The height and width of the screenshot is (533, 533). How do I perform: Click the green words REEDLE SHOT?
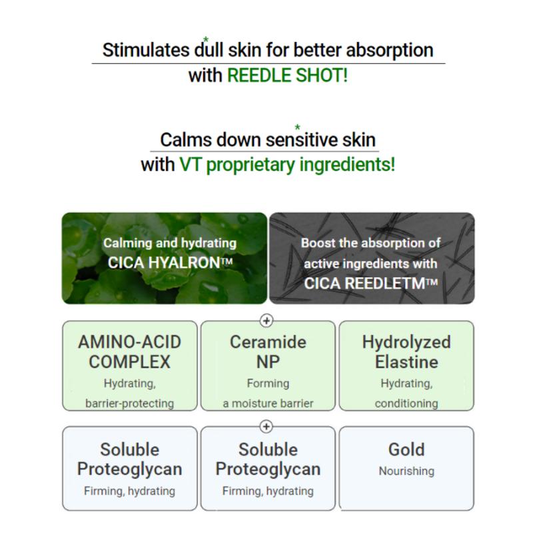point(287,75)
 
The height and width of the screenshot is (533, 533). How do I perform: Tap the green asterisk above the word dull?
point(206,39)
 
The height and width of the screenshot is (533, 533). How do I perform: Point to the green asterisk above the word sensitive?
point(297,127)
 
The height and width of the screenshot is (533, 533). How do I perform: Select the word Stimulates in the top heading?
point(146,50)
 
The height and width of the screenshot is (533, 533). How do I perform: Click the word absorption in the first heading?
point(390,51)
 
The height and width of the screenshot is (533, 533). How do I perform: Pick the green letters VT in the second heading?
point(191,165)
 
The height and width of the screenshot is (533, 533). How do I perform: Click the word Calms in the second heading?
point(187,140)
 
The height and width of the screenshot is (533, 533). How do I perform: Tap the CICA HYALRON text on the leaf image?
point(170,263)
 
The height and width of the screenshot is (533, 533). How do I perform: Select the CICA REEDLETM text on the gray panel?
point(370,284)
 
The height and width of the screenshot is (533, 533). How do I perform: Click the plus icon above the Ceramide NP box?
point(266,320)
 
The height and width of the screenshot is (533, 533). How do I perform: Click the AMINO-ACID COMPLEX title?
point(129,352)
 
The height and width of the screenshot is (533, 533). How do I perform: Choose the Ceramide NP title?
point(268,352)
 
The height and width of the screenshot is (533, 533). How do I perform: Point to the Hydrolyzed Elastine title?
point(406,352)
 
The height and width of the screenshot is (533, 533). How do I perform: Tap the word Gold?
point(406,449)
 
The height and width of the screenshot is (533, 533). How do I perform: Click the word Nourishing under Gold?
point(406,471)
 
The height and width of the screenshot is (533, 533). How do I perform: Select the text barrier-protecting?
point(129,404)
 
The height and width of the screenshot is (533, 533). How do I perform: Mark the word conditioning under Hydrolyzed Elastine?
point(406,404)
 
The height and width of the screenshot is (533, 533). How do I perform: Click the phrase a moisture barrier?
point(268,404)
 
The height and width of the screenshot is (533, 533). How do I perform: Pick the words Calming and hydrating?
point(170,243)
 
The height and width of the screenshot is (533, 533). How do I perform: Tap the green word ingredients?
point(347,165)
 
